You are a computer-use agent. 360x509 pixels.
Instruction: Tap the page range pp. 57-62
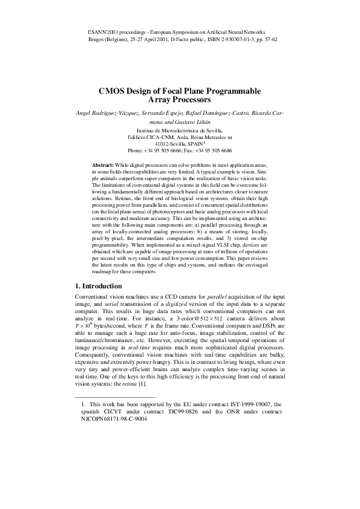coord(265,38)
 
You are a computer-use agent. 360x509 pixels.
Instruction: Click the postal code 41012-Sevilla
coord(172,144)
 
